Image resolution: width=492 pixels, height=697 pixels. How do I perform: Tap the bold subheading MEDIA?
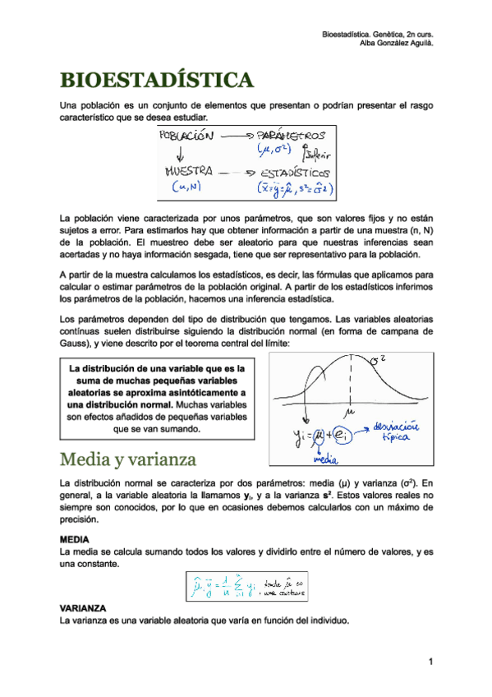[x=76, y=538]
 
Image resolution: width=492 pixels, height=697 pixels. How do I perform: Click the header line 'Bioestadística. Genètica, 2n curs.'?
[x=377, y=34]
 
